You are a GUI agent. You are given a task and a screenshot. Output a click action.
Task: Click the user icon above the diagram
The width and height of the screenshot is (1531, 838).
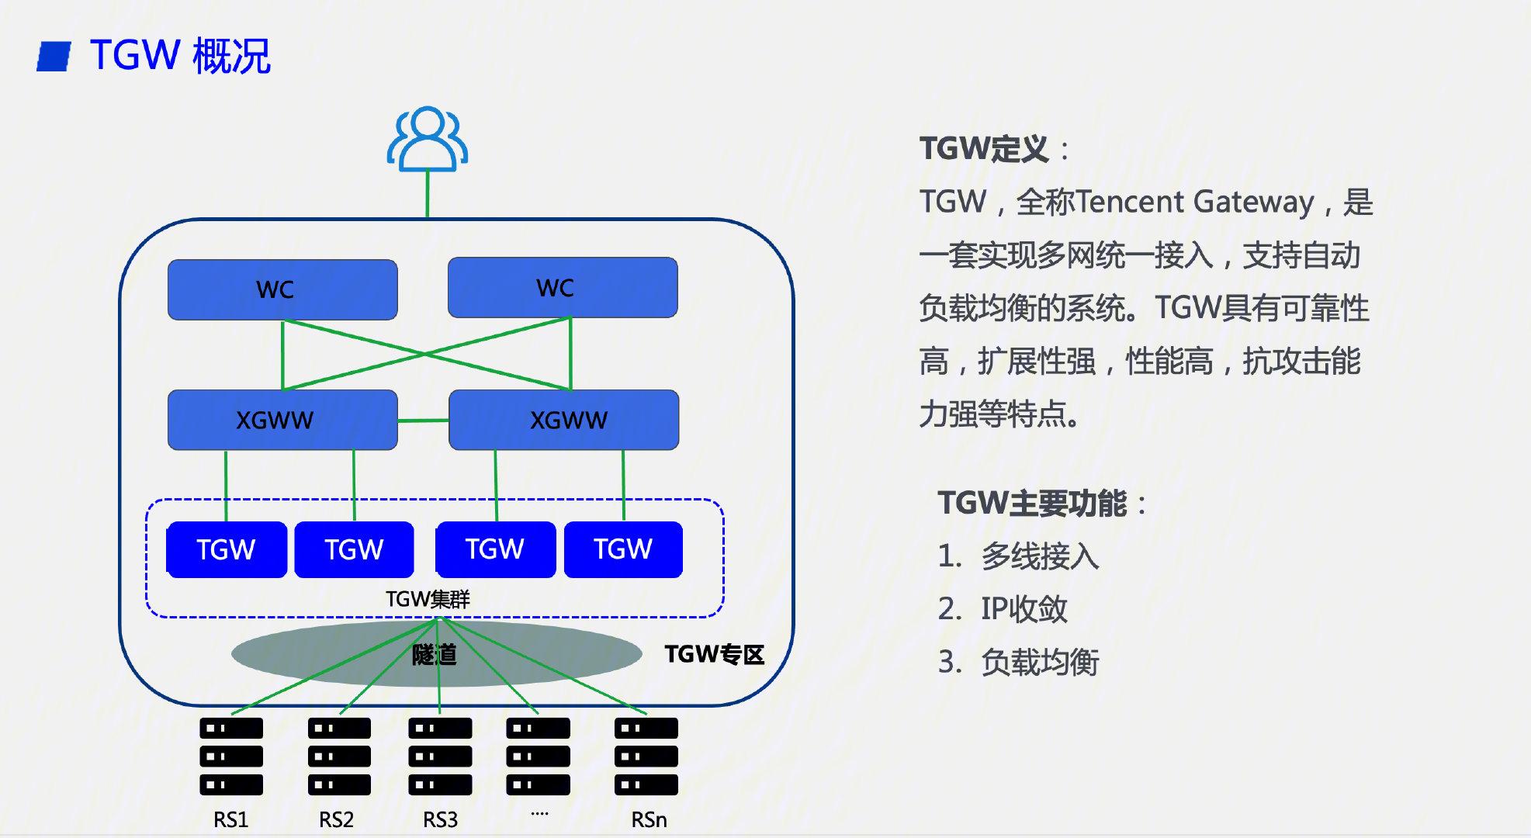[x=428, y=140]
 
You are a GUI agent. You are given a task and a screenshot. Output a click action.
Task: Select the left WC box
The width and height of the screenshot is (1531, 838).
[x=282, y=289]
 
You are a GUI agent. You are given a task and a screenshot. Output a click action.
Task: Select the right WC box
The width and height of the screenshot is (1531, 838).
[x=563, y=288]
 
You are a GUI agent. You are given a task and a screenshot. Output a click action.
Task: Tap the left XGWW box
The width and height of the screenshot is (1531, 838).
[x=282, y=420]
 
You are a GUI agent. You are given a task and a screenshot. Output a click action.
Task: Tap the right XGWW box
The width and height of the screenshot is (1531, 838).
[x=564, y=420]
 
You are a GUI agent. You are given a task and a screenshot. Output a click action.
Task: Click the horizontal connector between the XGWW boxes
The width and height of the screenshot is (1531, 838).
[x=423, y=421]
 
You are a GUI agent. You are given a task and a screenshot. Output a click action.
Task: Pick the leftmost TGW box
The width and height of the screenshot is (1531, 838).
[x=227, y=549]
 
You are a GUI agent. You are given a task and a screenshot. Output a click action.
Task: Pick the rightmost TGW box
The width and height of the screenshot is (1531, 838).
[x=623, y=549]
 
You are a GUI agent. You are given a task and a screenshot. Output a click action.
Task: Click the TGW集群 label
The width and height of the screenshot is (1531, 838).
[x=428, y=599]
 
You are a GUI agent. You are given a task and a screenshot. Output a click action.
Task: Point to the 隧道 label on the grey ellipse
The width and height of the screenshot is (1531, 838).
[x=434, y=655]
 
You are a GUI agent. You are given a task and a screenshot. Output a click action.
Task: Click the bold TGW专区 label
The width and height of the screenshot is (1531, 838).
[x=714, y=654]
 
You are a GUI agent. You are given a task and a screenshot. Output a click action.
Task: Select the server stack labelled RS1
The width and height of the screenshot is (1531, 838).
[x=231, y=756]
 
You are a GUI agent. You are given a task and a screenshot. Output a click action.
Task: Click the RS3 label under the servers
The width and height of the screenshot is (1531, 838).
[x=440, y=819]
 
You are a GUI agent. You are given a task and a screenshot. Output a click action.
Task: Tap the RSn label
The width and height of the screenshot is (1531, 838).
[x=649, y=819]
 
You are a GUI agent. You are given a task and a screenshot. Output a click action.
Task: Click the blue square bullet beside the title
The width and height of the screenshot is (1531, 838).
[x=54, y=57]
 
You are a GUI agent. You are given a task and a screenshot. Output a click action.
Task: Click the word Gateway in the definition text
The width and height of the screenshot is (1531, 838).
[x=1253, y=202]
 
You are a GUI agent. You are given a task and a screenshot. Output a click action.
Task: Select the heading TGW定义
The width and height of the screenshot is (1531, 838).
[x=984, y=149]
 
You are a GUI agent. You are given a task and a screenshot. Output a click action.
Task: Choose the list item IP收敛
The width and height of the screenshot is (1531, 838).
[x=1024, y=609]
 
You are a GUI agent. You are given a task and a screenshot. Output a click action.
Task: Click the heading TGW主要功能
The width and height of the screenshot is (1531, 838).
[x=1032, y=504]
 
